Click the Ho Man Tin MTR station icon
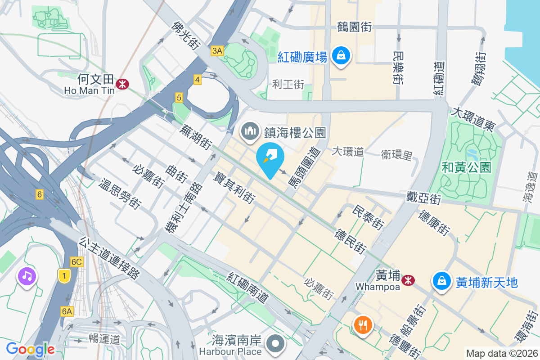[x=122, y=84]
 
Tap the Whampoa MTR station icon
[x=409, y=280]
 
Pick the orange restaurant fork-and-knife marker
[x=363, y=324]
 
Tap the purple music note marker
[x=27, y=275]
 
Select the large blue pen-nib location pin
[x=270, y=160]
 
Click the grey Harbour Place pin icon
[x=275, y=344]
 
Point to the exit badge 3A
[x=217, y=51]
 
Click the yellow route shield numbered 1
[x=64, y=276]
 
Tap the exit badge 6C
[x=76, y=262]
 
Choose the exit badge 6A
[x=67, y=311]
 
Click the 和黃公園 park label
[x=466, y=168]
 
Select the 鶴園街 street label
[x=355, y=27]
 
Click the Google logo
[x=30, y=349]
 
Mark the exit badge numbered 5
[x=179, y=97]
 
